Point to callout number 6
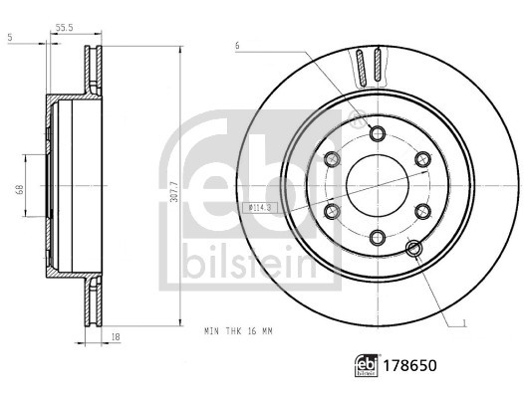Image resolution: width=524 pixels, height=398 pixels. pos(237,45)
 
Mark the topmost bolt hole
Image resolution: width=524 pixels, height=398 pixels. pos(376,133)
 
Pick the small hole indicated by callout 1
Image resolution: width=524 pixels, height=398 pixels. pos(412,248)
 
